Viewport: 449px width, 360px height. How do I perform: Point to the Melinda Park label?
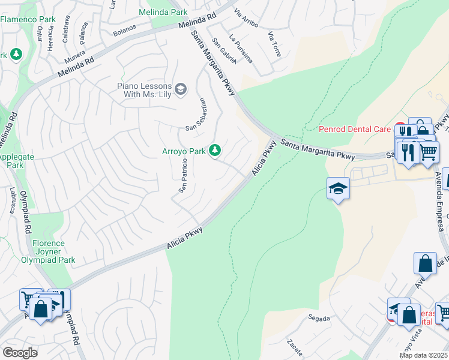click(163, 12)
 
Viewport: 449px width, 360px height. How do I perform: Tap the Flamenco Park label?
click(28, 19)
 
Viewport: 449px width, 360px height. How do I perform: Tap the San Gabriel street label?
click(223, 50)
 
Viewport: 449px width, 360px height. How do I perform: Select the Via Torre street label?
click(274, 44)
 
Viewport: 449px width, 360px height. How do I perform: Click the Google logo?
click(20, 353)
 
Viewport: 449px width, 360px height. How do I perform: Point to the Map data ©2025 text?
click(424, 355)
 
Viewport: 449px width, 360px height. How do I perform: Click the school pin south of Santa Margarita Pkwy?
click(338, 189)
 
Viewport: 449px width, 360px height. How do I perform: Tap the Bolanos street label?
click(125, 30)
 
